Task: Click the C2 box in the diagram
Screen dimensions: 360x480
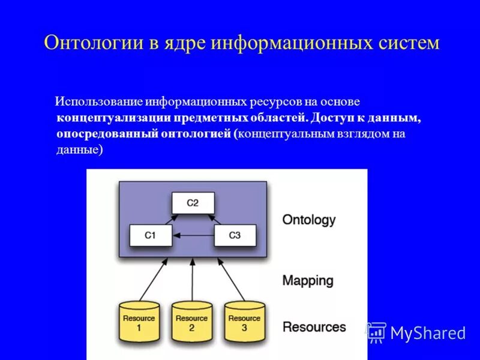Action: tap(192, 203)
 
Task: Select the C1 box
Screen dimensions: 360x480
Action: tap(150, 235)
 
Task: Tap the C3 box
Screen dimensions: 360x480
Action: tap(235, 235)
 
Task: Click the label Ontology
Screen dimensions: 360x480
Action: tap(308, 220)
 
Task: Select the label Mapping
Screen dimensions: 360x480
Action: tap(307, 280)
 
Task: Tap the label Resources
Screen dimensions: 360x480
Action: tap(314, 327)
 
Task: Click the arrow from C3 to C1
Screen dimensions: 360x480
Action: tap(192, 236)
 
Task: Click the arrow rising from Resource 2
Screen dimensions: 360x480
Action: tap(192, 279)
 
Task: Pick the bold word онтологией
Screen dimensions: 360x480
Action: tap(195, 134)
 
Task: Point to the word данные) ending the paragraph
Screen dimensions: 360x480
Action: tap(80, 150)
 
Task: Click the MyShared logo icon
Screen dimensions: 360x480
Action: tap(376, 332)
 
